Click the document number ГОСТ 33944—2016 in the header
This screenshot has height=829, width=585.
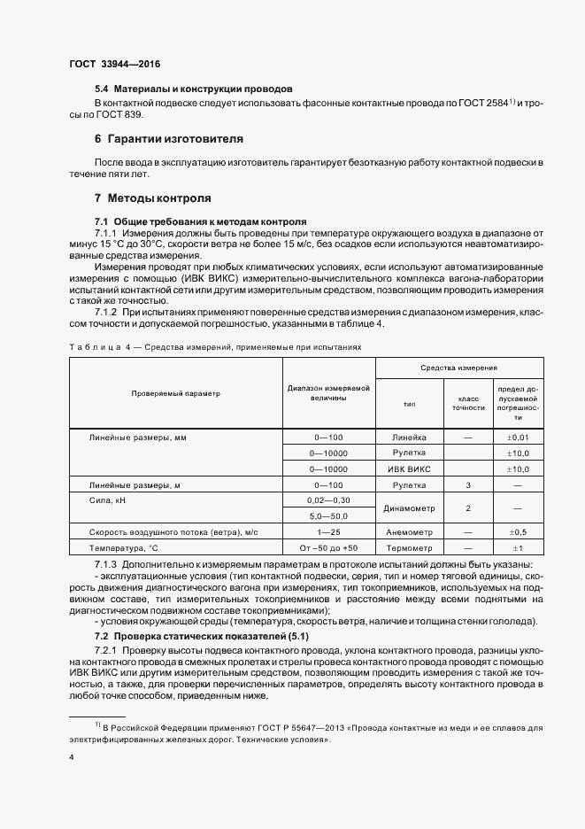point(114,65)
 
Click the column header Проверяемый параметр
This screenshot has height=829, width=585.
point(175,392)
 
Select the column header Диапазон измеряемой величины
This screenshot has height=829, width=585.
point(328,392)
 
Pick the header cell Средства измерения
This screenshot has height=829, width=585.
point(458,367)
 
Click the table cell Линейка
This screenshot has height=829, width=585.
point(408,438)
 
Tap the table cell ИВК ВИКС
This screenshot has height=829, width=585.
point(408,469)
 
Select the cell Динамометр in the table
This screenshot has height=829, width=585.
point(408,508)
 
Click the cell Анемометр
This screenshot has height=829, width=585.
point(408,532)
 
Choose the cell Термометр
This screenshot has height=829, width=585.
point(408,548)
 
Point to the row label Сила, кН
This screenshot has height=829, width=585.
point(108,500)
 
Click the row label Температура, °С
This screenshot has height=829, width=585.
point(123,548)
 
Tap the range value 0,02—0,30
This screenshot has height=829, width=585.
point(328,500)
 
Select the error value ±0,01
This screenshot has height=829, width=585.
point(518,438)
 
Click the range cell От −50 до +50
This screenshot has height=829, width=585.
point(328,548)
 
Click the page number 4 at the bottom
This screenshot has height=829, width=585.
point(72,758)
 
